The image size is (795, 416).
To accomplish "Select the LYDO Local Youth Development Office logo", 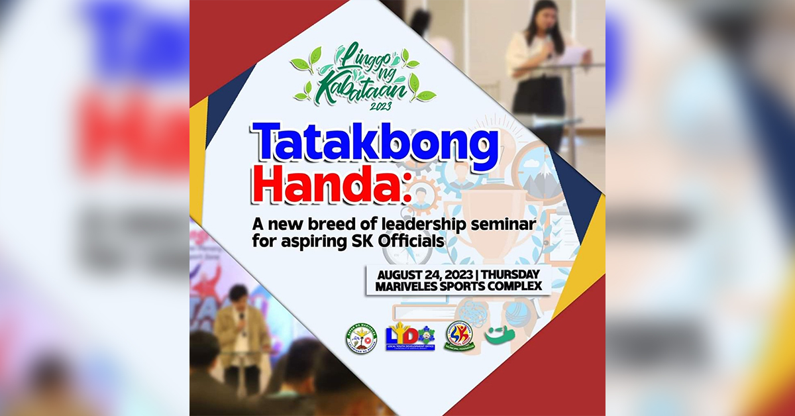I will tap(410, 337).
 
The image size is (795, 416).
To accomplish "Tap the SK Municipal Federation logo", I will tap(459, 336).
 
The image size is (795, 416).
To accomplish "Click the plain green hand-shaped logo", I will tap(499, 335).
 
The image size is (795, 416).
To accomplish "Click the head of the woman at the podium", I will tap(541, 16).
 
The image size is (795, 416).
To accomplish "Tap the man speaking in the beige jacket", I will tap(239, 331).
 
